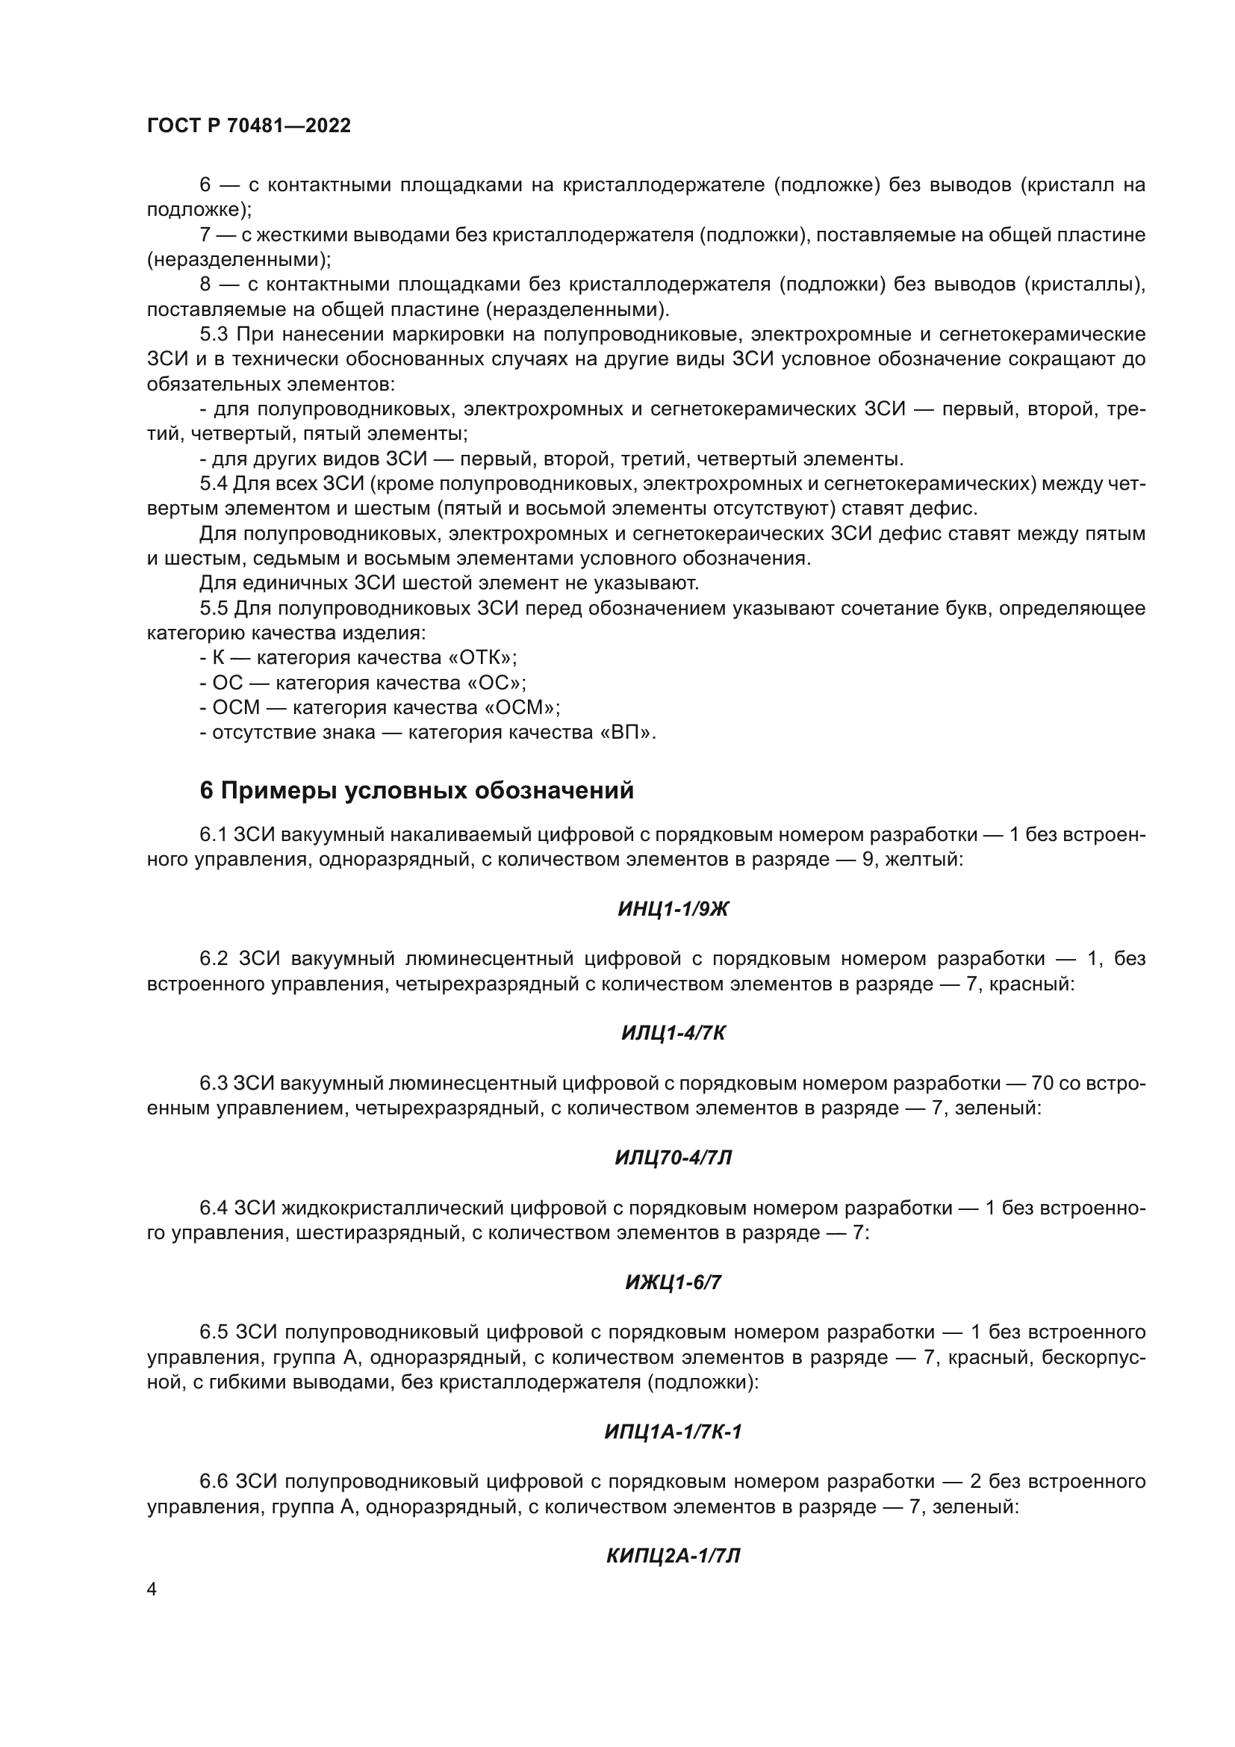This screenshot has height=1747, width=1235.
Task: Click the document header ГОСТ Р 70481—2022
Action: (x=249, y=126)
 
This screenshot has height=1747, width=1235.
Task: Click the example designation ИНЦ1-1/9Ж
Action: (x=673, y=909)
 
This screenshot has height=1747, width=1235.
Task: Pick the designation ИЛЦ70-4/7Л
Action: (x=673, y=1159)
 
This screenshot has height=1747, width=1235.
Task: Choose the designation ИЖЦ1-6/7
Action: (x=673, y=1284)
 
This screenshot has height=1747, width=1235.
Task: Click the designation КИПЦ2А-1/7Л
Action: (x=673, y=1557)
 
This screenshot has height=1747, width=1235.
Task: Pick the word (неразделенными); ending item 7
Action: (x=240, y=260)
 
